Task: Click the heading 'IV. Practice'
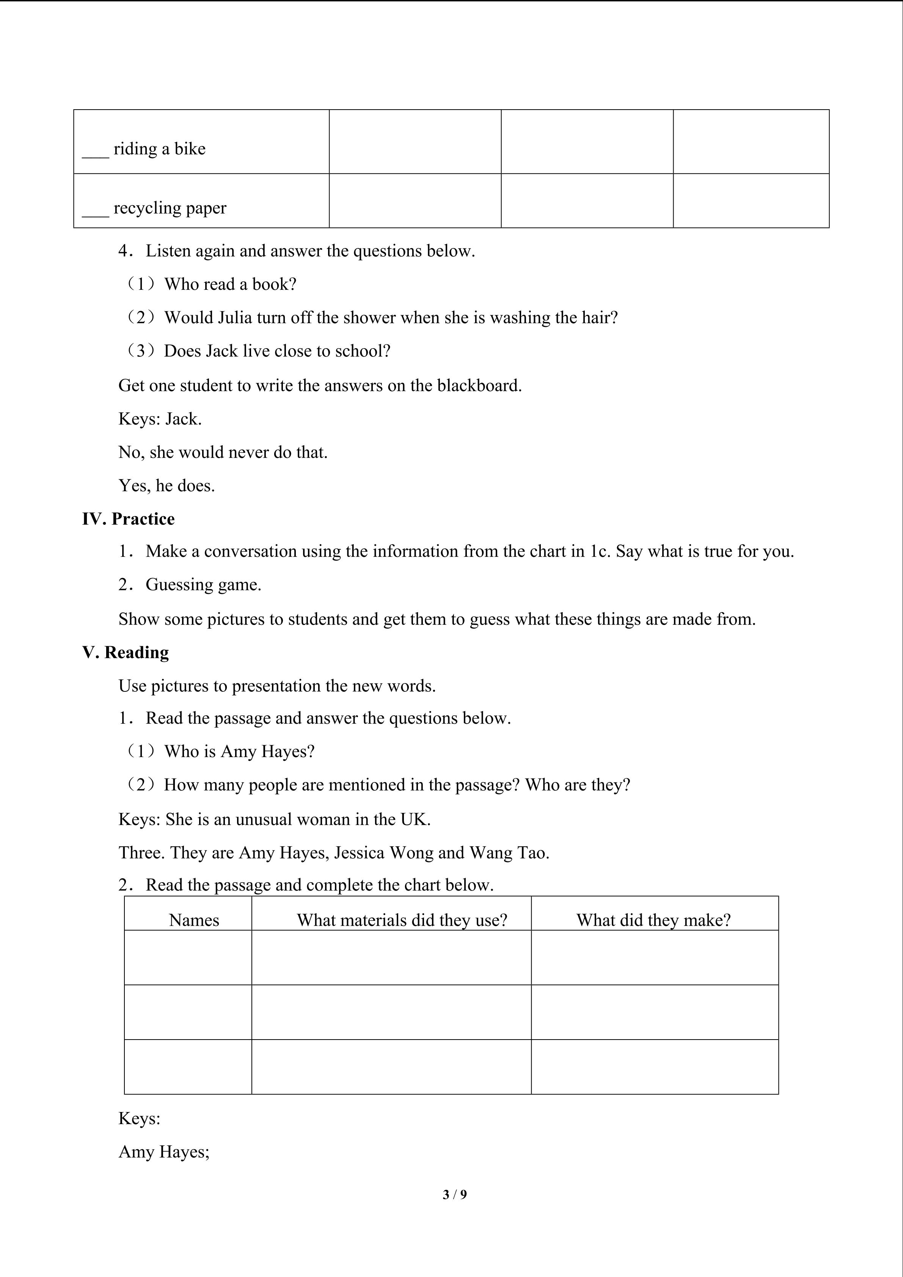pos(129,519)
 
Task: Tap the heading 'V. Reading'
pos(126,652)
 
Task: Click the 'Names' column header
pos(194,920)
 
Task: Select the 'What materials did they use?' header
pos(402,920)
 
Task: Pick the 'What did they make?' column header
pos(653,920)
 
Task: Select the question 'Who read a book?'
pos(230,284)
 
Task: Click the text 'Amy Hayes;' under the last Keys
pos(164,1152)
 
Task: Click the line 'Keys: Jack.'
pos(160,419)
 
